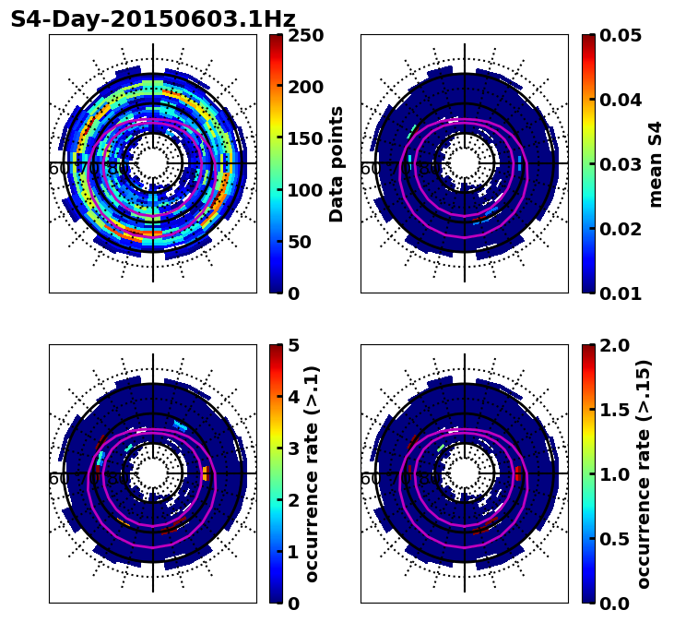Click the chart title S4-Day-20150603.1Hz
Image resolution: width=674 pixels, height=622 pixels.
pyautogui.click(x=153, y=19)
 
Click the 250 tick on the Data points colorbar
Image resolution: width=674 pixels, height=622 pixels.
pyautogui.click(x=305, y=35)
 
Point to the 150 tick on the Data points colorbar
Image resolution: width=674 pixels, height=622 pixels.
pyautogui.click(x=305, y=138)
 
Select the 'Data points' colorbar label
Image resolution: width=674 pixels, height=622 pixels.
pyautogui.click(x=337, y=164)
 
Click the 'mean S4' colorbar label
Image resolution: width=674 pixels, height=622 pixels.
pyautogui.click(x=656, y=164)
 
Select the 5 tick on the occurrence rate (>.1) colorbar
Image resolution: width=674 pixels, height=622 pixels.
pyautogui.click(x=294, y=345)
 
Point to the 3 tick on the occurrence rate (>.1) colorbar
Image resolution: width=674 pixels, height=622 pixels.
pyautogui.click(x=294, y=449)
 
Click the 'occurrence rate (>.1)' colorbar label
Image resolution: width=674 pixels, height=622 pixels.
pyautogui.click(x=312, y=474)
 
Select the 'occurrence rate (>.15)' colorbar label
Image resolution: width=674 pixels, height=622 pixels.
pyautogui.click(x=644, y=474)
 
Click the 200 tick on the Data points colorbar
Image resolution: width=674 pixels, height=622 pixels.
pyautogui.click(x=305, y=87)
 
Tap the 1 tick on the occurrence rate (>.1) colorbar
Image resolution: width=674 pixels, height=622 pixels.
pyautogui.click(x=294, y=552)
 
